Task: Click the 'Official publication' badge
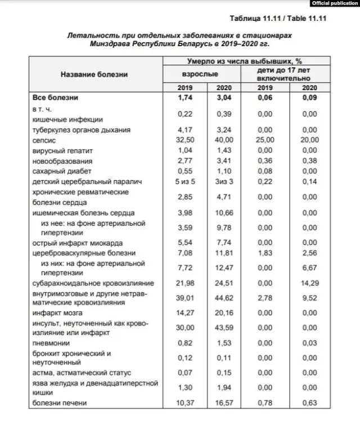pos(334,3)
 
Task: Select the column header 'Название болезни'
pos(94,74)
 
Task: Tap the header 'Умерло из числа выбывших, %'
pos(244,60)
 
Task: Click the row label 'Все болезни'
pos(55,98)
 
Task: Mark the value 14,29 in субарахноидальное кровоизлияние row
pos(309,284)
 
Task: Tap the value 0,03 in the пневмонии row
pos(309,343)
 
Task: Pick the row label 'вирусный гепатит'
pos(62,151)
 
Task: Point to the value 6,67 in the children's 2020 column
pos(309,269)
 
